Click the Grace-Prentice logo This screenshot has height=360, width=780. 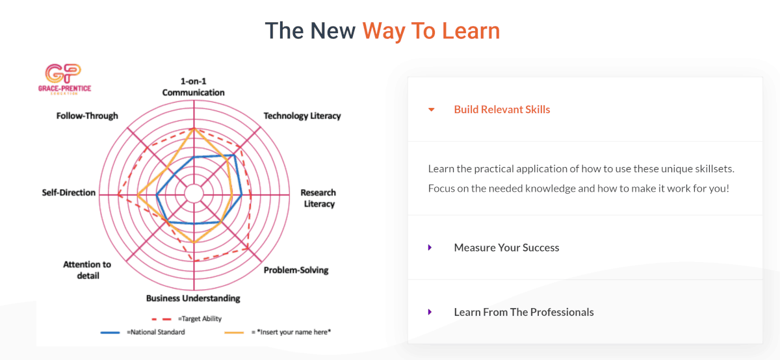[64, 79]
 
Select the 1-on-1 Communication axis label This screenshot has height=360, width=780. [193, 86]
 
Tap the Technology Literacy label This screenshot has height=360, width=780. [302, 116]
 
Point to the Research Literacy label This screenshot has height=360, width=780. [318, 198]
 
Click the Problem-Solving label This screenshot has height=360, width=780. [296, 270]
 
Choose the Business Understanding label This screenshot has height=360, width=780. [193, 298]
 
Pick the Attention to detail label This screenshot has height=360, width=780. [87, 270]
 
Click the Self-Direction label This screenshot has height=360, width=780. [69, 192]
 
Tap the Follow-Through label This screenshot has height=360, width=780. [87, 116]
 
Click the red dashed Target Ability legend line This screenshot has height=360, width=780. [162, 319]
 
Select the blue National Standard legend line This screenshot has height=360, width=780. [110, 333]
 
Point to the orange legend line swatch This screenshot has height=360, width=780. [234, 333]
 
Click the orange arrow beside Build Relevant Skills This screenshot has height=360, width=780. [431, 110]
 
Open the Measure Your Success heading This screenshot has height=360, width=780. [506, 248]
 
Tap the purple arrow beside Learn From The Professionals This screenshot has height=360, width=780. [430, 312]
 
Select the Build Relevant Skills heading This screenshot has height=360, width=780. [502, 110]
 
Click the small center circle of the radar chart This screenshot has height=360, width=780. [194, 194]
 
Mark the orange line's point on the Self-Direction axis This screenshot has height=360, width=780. [138, 195]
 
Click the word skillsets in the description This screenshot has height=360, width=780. [714, 169]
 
